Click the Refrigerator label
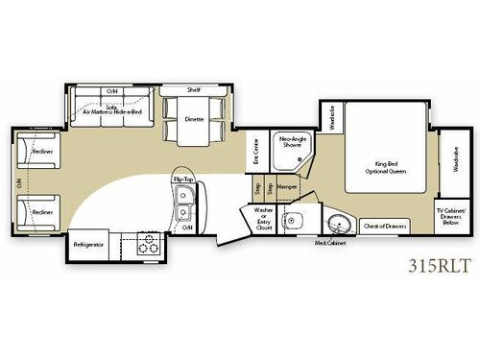(88, 245)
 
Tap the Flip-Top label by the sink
(183, 180)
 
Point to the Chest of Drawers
(385, 227)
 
